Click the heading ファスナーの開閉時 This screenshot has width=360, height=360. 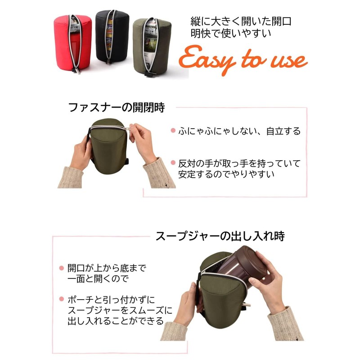[116, 108]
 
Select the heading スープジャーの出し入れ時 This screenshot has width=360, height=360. [220, 236]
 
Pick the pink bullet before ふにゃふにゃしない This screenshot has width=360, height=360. [173, 131]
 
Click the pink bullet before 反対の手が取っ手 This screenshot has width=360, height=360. [173, 162]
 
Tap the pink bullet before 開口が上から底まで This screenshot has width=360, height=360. [61, 268]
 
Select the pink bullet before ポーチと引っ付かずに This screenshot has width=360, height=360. [61, 299]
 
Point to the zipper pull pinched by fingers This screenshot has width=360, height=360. [132, 129]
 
